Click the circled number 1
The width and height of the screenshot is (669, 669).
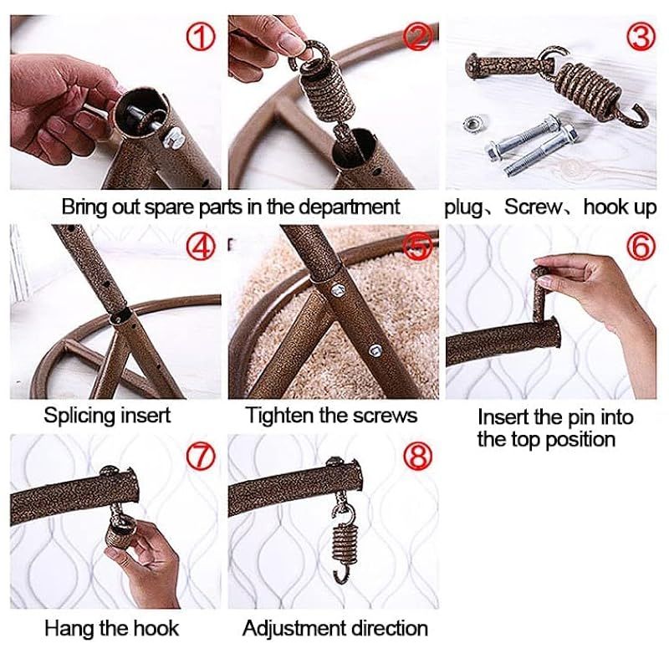[200, 37]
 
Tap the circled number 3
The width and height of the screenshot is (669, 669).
[641, 37]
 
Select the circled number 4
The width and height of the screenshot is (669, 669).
[200, 247]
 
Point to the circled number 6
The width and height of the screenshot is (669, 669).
[641, 247]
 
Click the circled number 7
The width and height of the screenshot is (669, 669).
[200, 456]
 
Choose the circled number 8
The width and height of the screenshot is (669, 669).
[418, 456]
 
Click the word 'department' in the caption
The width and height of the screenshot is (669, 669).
[349, 207]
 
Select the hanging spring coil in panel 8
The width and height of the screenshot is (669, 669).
[344, 541]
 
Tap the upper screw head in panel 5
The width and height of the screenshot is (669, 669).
[339, 290]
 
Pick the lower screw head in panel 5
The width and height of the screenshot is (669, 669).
[375, 350]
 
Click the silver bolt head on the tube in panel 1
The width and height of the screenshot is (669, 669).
[173, 137]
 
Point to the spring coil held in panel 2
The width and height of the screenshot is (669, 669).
[327, 90]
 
